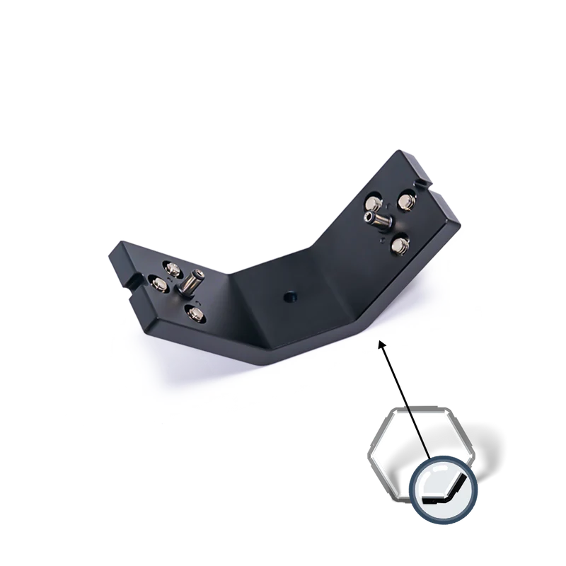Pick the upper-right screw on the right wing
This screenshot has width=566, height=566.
pyautogui.click(x=406, y=202)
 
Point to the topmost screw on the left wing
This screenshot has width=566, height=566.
pyautogui.click(x=172, y=268)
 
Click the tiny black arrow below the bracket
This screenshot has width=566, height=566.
pyautogui.click(x=384, y=345)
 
